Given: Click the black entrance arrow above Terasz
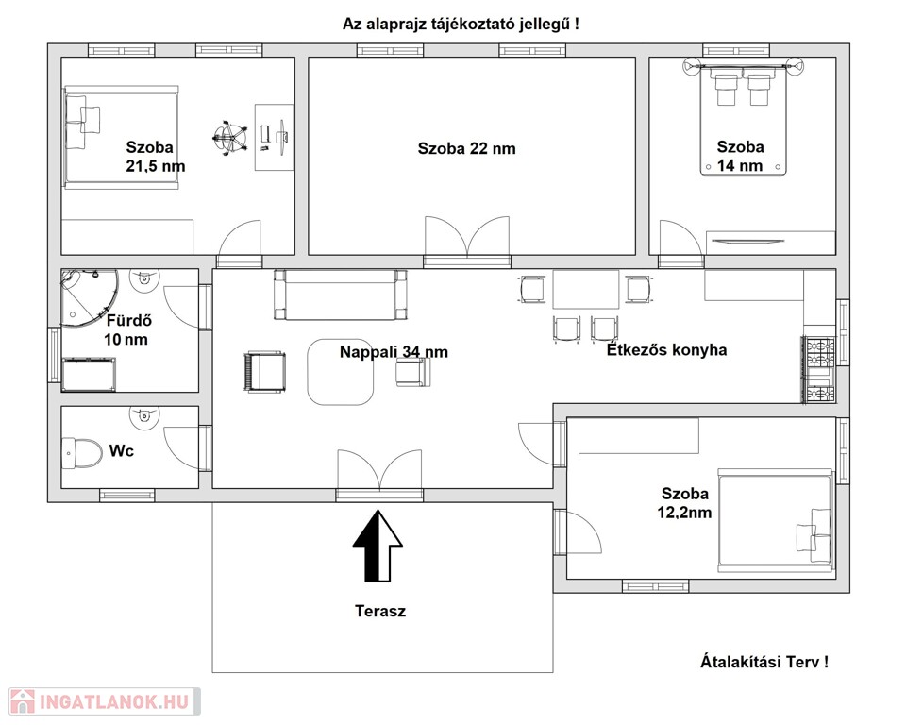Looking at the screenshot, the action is [378, 547].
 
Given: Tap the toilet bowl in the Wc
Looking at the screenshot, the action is [81, 452].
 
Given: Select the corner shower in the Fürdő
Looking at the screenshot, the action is [90, 297].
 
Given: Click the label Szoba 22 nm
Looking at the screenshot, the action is [467, 148].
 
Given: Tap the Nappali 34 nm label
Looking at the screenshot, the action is [394, 351].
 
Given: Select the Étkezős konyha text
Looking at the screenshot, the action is [667, 350].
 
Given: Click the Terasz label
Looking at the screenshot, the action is [380, 611].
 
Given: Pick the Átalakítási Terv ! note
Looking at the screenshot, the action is [764, 662].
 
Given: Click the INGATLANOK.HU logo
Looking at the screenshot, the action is [104, 701].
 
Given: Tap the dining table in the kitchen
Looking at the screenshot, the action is [586, 289].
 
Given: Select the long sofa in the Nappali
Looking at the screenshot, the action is [341, 295].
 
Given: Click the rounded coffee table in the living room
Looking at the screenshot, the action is [341, 372].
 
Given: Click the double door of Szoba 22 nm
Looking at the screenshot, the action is [467, 237].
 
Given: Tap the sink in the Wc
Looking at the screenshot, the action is [144, 414].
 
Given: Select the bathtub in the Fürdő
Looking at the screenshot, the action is [89, 374].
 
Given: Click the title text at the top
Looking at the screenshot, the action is [461, 25].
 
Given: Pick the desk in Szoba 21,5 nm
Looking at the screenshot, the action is [274, 138].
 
